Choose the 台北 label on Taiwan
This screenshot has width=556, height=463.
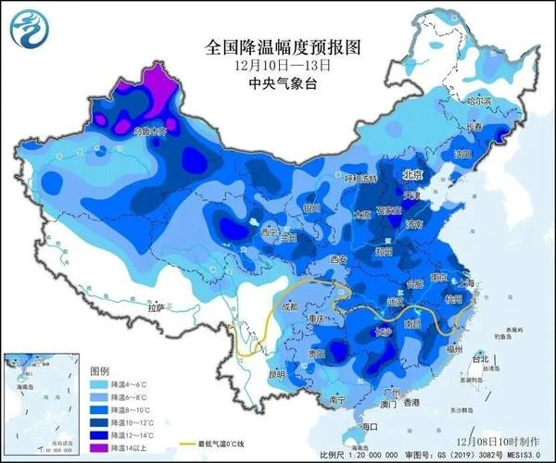click(x=479, y=357)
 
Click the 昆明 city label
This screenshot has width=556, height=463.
click(x=251, y=375)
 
